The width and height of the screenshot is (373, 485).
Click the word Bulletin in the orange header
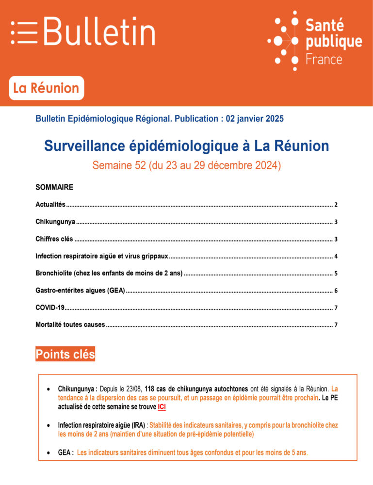point(99,32)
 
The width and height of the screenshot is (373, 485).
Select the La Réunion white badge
point(46,88)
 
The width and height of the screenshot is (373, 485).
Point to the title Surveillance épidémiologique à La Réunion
point(186,145)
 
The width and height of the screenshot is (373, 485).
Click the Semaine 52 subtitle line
point(186,165)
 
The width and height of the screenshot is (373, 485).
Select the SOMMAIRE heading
point(54,187)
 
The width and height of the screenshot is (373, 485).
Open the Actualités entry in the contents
point(51,205)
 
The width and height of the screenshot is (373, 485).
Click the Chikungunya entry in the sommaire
point(55,222)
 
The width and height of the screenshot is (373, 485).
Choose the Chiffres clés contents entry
point(54,239)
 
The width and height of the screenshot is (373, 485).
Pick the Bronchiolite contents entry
point(109,273)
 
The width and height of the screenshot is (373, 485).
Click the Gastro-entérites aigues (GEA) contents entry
point(80,290)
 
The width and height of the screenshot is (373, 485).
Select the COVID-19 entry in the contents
point(50,307)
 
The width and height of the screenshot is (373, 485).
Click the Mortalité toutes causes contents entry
point(70,324)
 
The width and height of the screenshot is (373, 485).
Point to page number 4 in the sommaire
point(336,256)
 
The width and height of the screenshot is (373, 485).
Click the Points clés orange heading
point(65,354)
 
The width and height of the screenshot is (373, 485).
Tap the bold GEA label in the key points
point(65,453)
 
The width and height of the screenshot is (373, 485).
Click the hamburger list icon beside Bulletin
point(24,32)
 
